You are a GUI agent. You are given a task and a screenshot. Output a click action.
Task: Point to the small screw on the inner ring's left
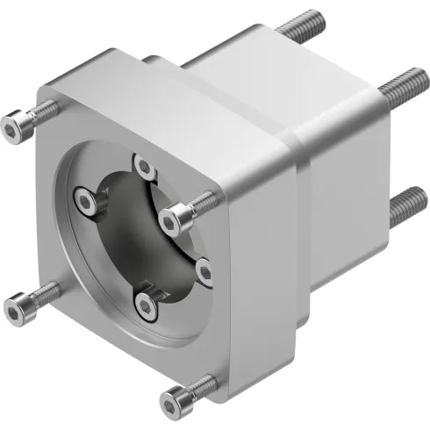coord(84,203)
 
